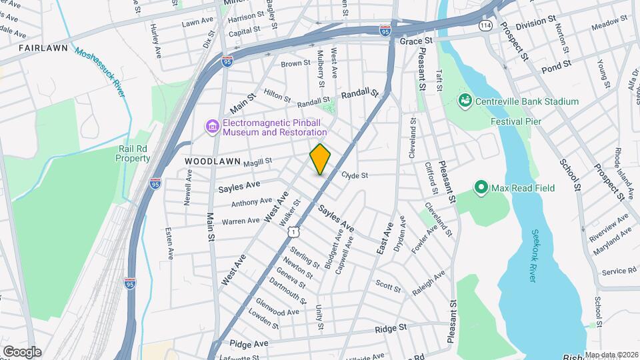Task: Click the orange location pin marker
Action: [x=321, y=159]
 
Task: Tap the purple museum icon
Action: [x=212, y=127]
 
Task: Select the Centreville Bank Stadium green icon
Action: [x=465, y=101]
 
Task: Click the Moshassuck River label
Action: [x=100, y=73]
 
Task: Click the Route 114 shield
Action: [x=485, y=24]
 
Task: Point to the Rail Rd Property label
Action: [x=133, y=153]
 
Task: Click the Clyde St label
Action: [x=355, y=176]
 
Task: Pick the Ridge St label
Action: [x=391, y=329]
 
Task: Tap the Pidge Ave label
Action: [x=248, y=343]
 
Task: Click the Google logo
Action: [x=22, y=351]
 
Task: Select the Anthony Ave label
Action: [x=252, y=201]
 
